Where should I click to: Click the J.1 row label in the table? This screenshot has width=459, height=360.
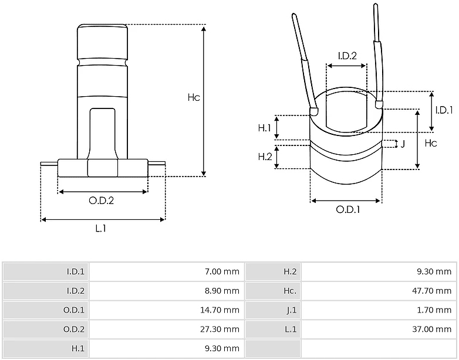[292, 310]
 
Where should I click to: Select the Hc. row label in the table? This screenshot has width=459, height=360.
[290, 291]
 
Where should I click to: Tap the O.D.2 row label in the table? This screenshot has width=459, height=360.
[74, 330]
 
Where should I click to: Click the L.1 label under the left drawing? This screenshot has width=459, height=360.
[101, 229]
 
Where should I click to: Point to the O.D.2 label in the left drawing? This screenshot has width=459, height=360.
[102, 201]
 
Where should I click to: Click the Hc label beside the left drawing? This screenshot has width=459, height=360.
[194, 97]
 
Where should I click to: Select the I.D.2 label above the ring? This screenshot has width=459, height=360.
[347, 56]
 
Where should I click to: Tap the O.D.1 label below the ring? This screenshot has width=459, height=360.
[348, 210]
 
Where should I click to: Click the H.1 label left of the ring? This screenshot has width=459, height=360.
[265, 128]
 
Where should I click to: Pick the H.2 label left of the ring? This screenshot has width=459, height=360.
[265, 157]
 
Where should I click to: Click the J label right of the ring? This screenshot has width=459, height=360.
[403, 144]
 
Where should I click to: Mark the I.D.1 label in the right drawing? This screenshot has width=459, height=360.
[444, 110]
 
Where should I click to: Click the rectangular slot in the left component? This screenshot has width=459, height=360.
[103, 134]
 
